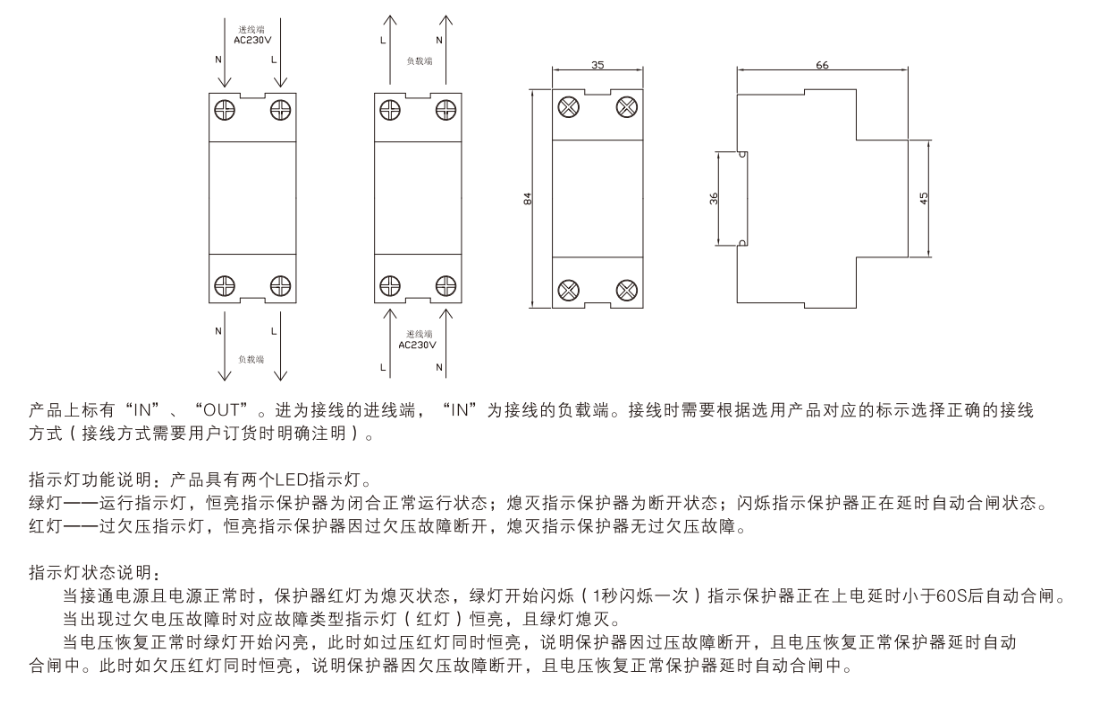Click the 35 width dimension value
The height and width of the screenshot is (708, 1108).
598,65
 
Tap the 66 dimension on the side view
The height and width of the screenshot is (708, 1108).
822,65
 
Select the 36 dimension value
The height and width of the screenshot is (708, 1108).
714,199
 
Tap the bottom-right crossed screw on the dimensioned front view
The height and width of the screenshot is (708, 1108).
626,290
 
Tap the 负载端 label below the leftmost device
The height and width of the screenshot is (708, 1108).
250,357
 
